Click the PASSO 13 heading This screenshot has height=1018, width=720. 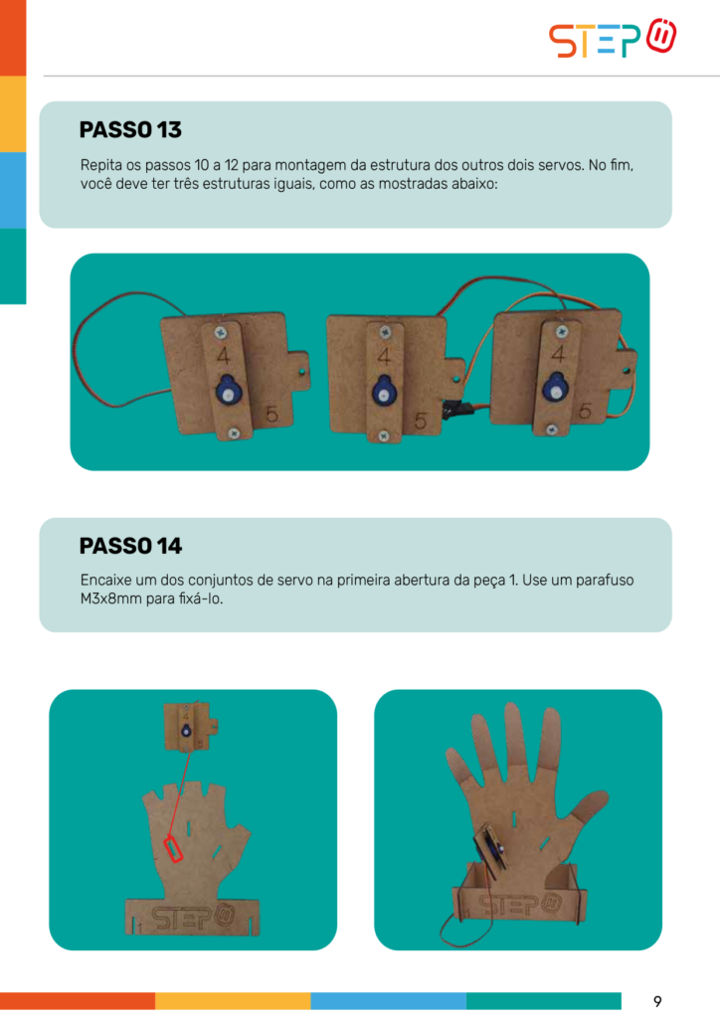point(130,130)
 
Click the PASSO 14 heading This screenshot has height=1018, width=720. point(130,546)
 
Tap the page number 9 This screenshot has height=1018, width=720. point(657,1001)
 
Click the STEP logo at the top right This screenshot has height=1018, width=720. point(613,39)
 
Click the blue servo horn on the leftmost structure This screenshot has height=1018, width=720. point(227,390)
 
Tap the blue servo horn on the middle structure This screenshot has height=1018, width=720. point(384,391)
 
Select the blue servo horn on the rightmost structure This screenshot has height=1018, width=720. point(556,387)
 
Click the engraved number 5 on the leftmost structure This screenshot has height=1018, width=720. point(272,414)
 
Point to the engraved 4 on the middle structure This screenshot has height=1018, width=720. point(384,357)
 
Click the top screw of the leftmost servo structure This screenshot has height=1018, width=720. point(221,333)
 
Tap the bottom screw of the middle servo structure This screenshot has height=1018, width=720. point(384,436)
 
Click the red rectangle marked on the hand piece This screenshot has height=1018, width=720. point(173,849)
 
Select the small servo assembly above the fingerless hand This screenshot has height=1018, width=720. point(190,727)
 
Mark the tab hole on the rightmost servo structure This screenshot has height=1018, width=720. point(626,372)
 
